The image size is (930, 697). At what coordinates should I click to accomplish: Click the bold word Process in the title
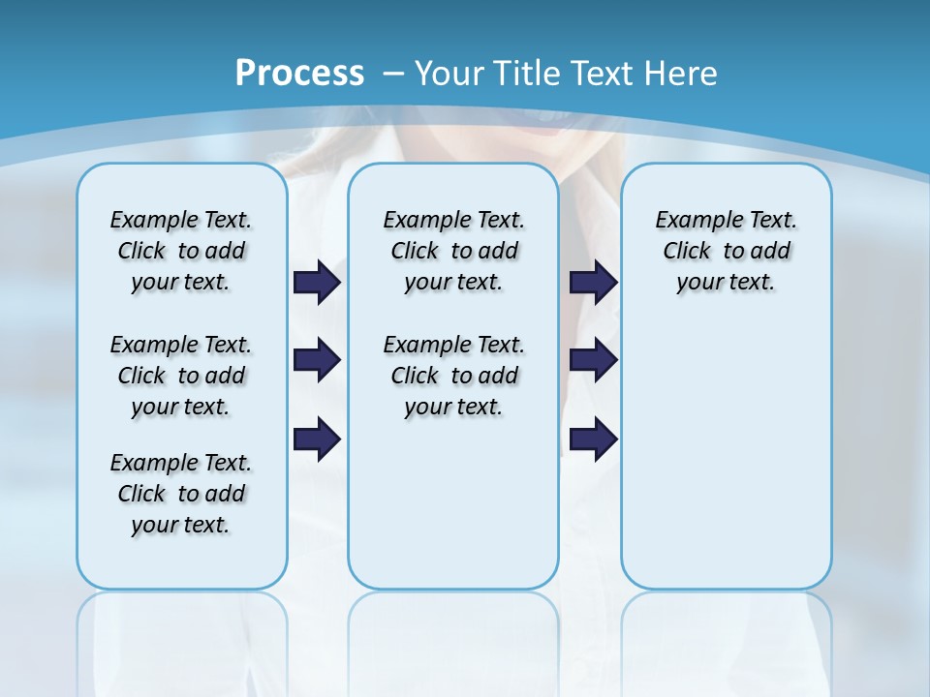click(299, 74)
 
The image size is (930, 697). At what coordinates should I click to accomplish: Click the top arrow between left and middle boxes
click(317, 283)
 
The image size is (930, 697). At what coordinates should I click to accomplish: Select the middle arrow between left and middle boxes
click(317, 360)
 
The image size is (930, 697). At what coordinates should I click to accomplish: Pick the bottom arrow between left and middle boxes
click(317, 439)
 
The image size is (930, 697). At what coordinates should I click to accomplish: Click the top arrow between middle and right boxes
click(593, 283)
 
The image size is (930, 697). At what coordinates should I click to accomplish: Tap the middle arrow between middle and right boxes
click(593, 360)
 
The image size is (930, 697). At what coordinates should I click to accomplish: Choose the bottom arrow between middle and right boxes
click(593, 439)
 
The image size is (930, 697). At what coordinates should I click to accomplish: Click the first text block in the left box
click(181, 251)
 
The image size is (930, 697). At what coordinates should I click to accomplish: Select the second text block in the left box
click(181, 376)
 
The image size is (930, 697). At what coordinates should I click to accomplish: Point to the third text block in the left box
click(181, 494)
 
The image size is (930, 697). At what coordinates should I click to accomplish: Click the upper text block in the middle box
click(453, 251)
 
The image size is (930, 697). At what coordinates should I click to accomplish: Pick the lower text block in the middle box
click(453, 376)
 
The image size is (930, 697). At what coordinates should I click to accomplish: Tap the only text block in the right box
click(726, 251)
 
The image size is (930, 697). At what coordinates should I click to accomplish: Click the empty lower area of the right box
click(726, 455)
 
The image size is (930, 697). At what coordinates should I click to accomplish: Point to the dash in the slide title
click(394, 74)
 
